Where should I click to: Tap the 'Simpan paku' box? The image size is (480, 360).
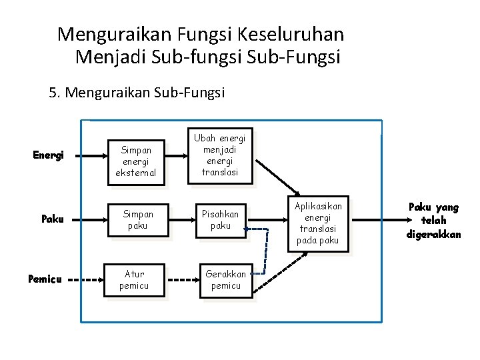[135, 219]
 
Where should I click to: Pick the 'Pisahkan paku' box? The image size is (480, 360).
[220, 219]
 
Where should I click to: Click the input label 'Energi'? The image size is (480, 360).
[48, 156]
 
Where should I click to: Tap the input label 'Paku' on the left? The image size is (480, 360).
[51, 219]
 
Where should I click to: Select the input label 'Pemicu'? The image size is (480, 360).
[45, 279]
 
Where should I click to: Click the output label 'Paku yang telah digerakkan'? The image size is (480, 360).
[433, 220]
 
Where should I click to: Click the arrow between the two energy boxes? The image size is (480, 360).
[176, 156]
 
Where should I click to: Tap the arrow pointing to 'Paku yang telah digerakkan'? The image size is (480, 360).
[377, 219]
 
